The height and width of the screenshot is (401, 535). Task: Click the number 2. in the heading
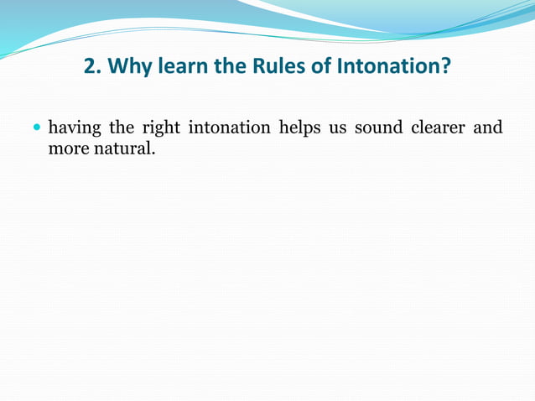pos(93,66)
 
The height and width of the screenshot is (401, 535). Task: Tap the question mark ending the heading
pos(444,66)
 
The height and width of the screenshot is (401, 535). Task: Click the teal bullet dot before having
pos(36,129)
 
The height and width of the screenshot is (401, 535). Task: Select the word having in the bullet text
pos(75,128)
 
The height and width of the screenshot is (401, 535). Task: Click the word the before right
pos(122,128)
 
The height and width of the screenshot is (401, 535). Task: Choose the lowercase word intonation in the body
pos(229,128)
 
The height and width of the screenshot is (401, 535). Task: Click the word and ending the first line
pos(489,128)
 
